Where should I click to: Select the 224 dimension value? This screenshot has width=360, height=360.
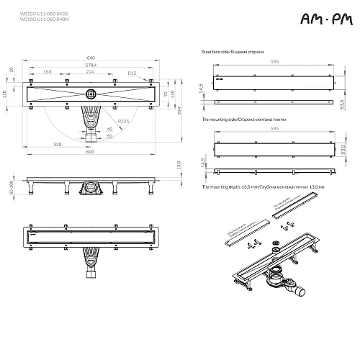[89, 71]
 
